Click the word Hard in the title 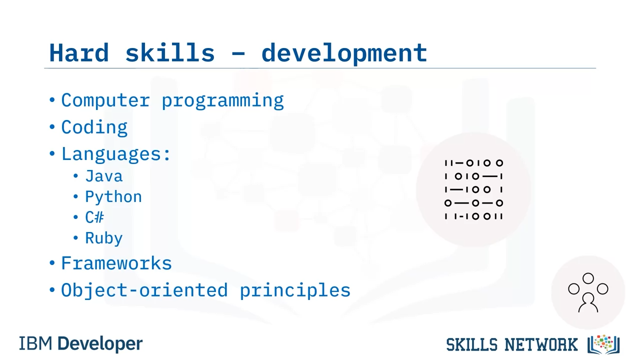pyautogui.click(x=79, y=52)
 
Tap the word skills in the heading pyautogui.click(x=170, y=52)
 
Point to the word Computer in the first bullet pyautogui.click(x=105, y=100)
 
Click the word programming pyautogui.click(x=223, y=101)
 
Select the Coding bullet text pyautogui.click(x=94, y=127)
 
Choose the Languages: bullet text pyautogui.click(x=116, y=154)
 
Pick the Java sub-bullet pyautogui.click(x=104, y=176)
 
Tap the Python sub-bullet pyautogui.click(x=113, y=197)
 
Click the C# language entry pyautogui.click(x=94, y=217)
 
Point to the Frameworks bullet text pyautogui.click(x=116, y=263)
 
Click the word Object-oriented pyautogui.click(x=144, y=290)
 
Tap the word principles pyautogui.click(x=295, y=291)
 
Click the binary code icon pyautogui.click(x=473, y=189)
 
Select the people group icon pyautogui.click(x=588, y=292)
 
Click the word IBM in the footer pyautogui.click(x=35, y=343)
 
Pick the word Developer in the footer pyautogui.click(x=100, y=344)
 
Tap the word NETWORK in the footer pyautogui.click(x=541, y=344)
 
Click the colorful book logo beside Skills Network pyautogui.click(x=603, y=344)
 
